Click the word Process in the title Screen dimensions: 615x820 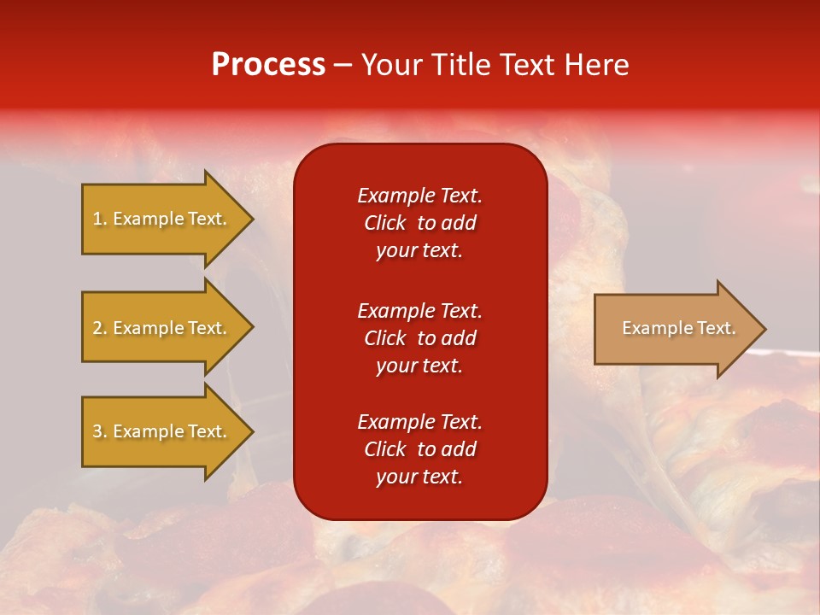[268, 65]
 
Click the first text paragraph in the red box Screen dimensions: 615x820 [419, 223]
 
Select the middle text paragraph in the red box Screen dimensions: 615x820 [419, 338]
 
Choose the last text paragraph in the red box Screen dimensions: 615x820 [419, 449]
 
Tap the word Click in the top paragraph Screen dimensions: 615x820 [385, 223]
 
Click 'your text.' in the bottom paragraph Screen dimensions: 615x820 [419, 477]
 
